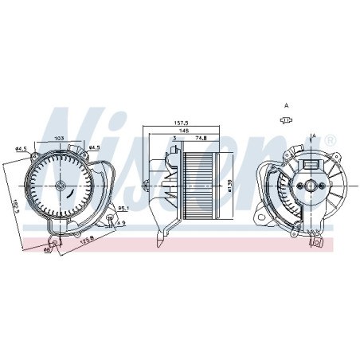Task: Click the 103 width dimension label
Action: [59, 139]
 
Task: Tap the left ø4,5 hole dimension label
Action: [22, 148]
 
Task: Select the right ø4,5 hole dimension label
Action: [93, 147]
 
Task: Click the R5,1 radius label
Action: [123, 209]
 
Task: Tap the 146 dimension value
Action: [183, 131]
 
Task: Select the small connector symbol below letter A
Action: [284, 119]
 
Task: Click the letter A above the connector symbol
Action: [284, 104]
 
